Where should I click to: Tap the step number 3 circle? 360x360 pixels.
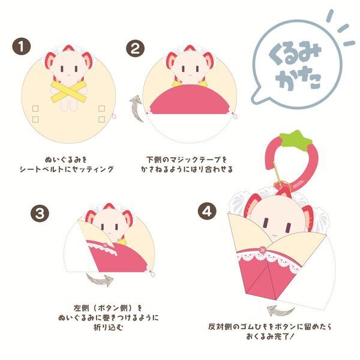pos(38,212)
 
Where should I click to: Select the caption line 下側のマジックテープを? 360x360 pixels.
pos(187,160)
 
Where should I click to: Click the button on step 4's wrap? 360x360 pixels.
pos(262,248)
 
